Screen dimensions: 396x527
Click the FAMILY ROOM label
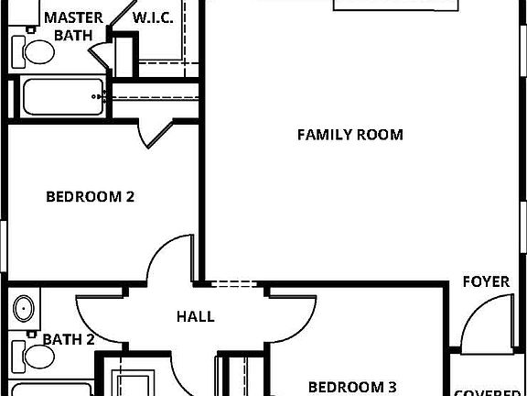(x=350, y=135)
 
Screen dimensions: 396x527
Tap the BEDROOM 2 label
(x=91, y=196)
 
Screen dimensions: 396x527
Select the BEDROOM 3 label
(x=351, y=386)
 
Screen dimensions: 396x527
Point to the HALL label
(x=196, y=316)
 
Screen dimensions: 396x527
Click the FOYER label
(x=486, y=281)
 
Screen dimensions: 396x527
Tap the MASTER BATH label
(x=73, y=26)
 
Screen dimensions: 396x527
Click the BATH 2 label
(x=69, y=340)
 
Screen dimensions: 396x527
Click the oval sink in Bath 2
(x=24, y=307)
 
